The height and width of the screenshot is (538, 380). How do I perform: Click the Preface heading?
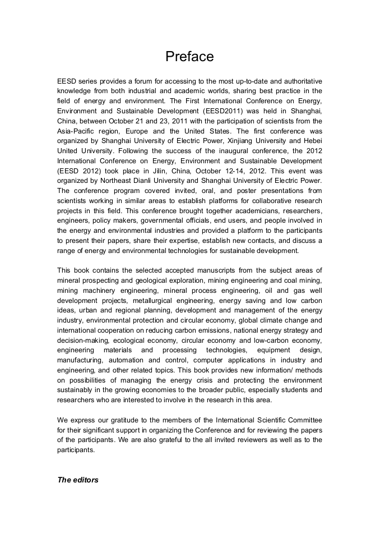point(189,57)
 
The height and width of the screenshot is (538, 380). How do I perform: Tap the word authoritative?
point(298,81)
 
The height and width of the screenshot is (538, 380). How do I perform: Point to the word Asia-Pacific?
point(79,131)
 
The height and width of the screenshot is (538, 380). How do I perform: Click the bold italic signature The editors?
point(78,480)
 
